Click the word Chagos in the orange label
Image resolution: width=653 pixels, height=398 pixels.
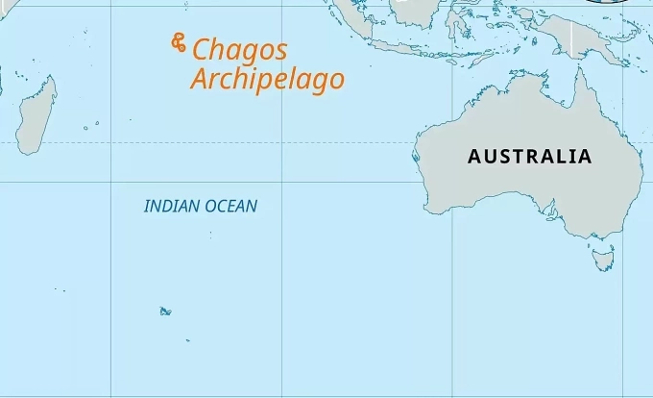[x=240, y=50]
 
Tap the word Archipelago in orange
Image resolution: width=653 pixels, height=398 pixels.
[x=267, y=79]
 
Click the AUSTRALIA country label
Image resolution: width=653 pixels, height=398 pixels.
[x=529, y=156]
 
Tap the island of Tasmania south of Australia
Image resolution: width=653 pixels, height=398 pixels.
[x=603, y=258]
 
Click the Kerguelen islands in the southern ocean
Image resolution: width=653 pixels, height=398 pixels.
[x=165, y=311]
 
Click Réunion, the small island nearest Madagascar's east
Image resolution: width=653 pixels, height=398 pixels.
[x=85, y=127]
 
